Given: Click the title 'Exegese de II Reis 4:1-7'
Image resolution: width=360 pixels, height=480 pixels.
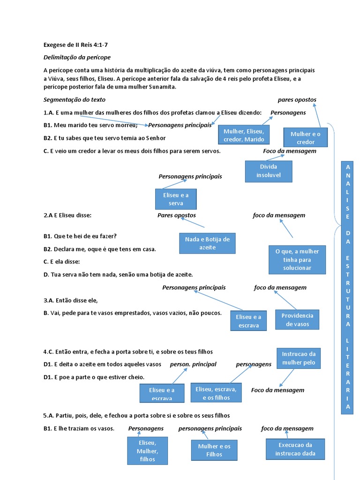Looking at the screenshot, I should [x=78, y=45].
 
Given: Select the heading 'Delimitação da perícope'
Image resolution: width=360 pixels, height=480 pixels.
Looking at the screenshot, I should [x=77, y=57].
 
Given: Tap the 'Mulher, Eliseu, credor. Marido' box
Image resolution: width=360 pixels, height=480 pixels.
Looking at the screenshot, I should [x=244, y=135].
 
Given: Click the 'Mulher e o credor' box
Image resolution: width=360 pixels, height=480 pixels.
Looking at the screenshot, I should [x=306, y=138].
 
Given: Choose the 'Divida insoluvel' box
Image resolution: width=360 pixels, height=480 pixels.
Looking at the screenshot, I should [x=269, y=171].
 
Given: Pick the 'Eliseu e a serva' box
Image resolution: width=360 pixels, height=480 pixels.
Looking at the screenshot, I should [x=176, y=199].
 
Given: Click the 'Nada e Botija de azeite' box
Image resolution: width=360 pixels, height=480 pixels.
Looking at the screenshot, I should [x=207, y=243].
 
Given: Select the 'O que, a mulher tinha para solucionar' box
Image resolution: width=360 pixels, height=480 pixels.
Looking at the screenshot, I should [x=297, y=259].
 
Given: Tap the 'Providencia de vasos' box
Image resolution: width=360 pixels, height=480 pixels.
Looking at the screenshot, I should [x=297, y=320].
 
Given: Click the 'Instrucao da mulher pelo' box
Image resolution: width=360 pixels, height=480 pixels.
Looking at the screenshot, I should [x=299, y=358].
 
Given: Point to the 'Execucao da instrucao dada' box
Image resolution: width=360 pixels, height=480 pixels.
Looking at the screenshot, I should [x=295, y=449].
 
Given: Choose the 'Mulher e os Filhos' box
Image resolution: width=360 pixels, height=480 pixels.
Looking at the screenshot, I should [x=214, y=450].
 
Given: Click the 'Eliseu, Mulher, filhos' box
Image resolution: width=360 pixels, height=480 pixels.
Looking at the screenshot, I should [x=147, y=451].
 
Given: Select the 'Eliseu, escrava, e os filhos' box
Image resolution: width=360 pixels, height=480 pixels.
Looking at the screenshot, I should [x=216, y=393].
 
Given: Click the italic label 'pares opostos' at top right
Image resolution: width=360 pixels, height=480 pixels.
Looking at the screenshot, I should [x=297, y=99].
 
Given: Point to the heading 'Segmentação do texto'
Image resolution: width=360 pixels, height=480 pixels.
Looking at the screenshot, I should [x=75, y=99].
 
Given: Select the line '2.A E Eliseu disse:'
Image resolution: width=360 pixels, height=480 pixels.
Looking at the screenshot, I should [x=67, y=215].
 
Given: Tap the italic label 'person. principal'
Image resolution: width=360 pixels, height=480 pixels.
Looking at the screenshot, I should [x=193, y=364].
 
